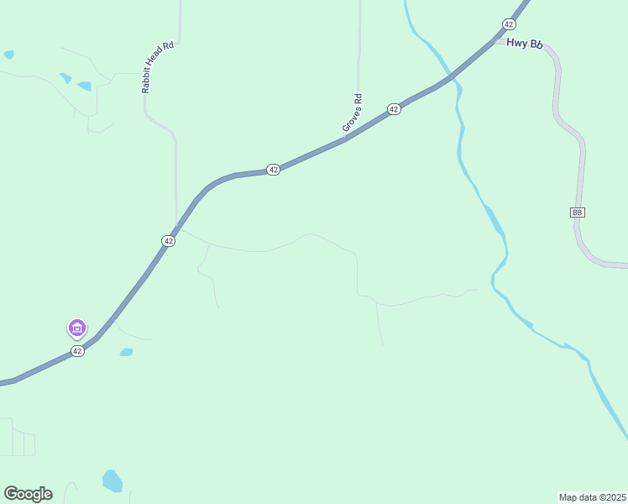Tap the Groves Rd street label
(353, 111)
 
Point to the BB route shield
(577, 213)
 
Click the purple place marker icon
(76, 328)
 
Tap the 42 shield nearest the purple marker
(77, 351)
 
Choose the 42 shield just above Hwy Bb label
(509, 24)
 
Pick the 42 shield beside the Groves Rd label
(393, 109)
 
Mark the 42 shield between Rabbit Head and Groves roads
(273, 170)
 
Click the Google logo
(28, 494)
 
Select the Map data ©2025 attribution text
(592, 496)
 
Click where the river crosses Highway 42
(453, 78)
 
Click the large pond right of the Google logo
(112, 480)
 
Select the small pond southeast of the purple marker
(126, 352)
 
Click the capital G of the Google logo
(11, 494)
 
